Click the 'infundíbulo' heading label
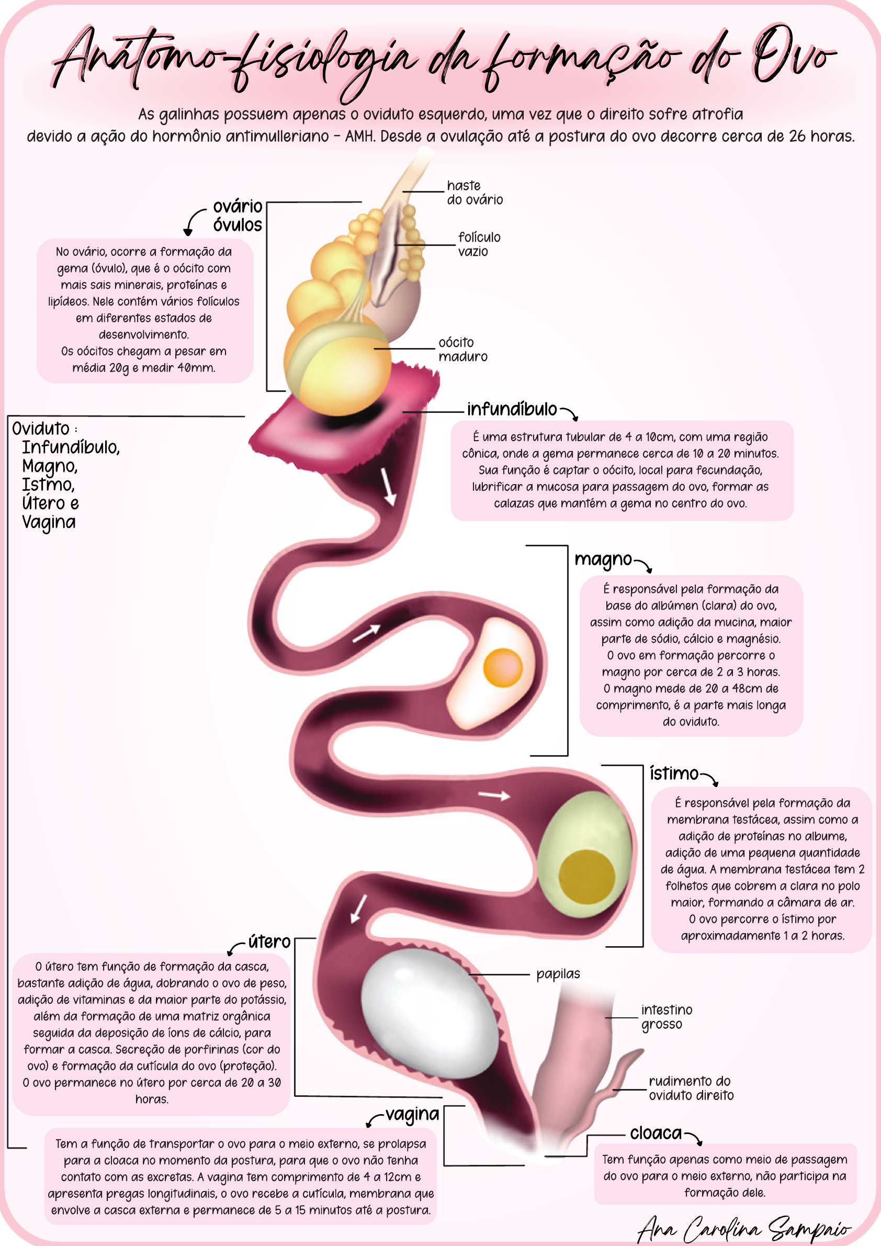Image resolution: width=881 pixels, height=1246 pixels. [x=512, y=409]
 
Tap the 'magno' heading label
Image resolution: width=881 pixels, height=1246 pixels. [x=603, y=559]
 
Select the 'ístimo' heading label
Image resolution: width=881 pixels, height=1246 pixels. [x=674, y=773]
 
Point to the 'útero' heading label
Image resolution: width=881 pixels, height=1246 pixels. [x=269, y=941]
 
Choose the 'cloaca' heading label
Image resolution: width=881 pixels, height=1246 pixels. [x=656, y=1133]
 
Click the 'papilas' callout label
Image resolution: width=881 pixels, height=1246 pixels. [x=558, y=974]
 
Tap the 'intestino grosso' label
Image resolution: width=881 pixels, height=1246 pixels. [x=666, y=1017]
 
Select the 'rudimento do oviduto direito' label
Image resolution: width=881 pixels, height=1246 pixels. [x=691, y=1088]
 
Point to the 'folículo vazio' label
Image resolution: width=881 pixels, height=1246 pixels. [x=479, y=244]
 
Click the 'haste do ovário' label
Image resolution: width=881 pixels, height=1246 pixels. [x=474, y=193]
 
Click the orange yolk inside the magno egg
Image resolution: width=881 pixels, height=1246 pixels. [x=502, y=667]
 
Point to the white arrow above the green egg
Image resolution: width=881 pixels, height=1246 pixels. [x=494, y=795]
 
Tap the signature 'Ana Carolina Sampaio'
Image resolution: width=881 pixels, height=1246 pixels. [x=743, y=1227]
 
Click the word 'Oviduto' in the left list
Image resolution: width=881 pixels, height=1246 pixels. [x=41, y=429]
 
